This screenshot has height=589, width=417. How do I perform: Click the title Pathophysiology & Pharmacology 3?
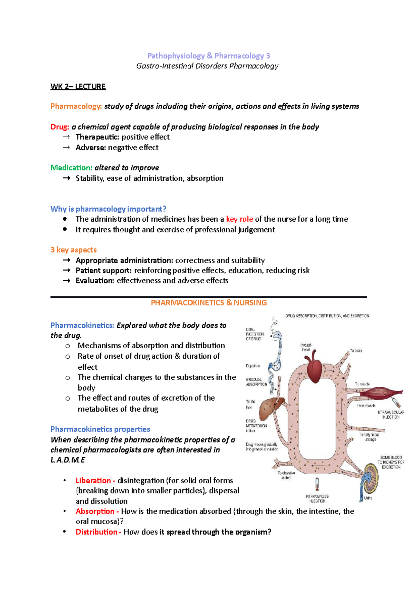[x=208, y=56]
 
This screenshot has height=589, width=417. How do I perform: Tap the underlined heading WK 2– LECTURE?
[x=78, y=86]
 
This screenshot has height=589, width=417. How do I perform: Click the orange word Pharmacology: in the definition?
[x=76, y=106]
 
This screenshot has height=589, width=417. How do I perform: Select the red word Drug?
[x=59, y=127]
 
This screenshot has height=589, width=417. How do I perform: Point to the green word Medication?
[x=71, y=168]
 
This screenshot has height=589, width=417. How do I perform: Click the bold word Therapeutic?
[x=97, y=137]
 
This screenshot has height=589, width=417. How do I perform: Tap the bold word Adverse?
[x=91, y=147]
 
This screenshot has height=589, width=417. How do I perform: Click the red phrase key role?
[x=239, y=219]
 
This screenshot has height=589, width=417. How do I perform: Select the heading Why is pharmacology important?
[x=108, y=209]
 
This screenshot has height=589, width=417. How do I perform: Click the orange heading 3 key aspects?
[x=73, y=250]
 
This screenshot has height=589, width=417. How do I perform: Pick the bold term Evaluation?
[x=95, y=281]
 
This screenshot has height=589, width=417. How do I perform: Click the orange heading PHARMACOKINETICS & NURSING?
[x=208, y=302]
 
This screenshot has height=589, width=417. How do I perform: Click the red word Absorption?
[x=95, y=511]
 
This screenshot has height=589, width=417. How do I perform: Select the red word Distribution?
[x=96, y=532]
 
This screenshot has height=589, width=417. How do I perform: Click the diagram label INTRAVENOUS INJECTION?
[x=317, y=498]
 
